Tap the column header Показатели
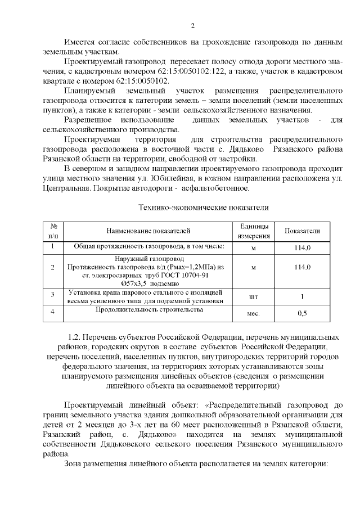(x=302, y=231)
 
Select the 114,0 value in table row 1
(x=302, y=247)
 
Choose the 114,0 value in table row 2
(x=302, y=267)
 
